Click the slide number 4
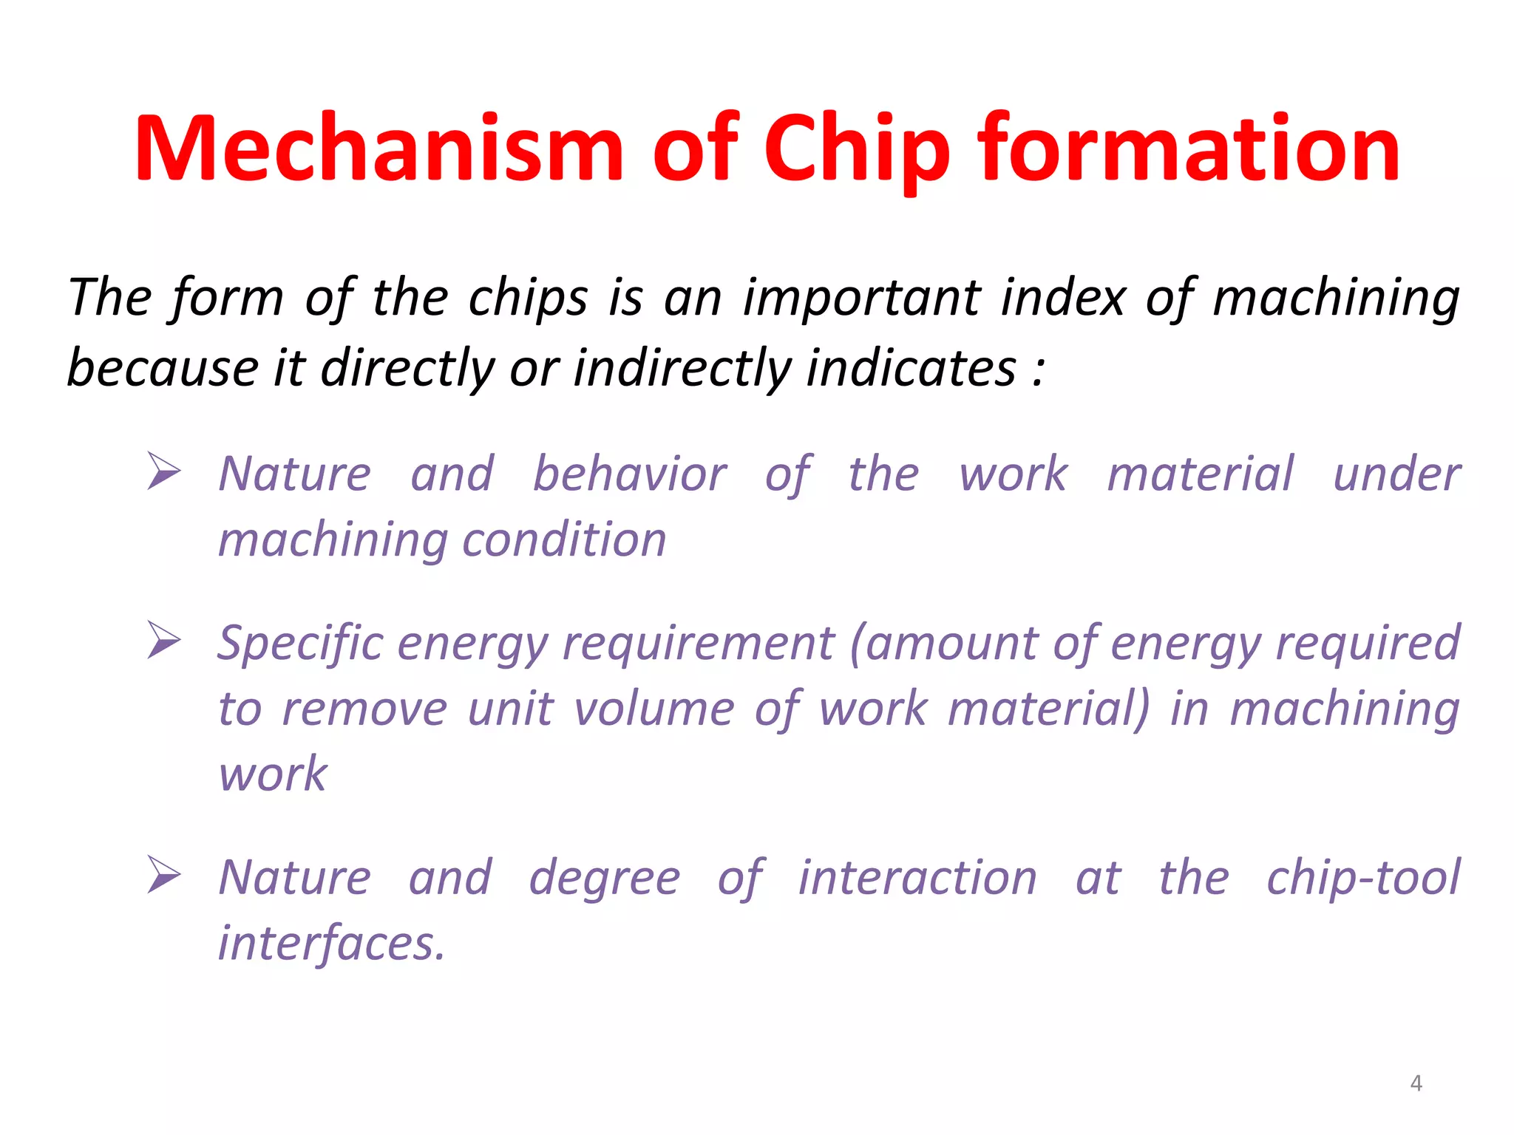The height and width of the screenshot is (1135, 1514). click(1416, 1083)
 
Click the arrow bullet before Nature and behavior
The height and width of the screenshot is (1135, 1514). click(163, 471)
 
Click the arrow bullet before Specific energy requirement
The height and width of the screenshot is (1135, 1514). click(163, 640)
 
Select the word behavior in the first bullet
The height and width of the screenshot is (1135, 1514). click(630, 474)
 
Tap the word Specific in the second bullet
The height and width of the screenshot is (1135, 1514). click(299, 643)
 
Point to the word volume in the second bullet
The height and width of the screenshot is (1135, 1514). click(654, 709)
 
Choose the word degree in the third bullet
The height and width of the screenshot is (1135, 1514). click(604, 878)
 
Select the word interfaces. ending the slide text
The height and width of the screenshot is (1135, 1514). click(332, 944)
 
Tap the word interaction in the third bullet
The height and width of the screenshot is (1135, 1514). click(917, 878)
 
